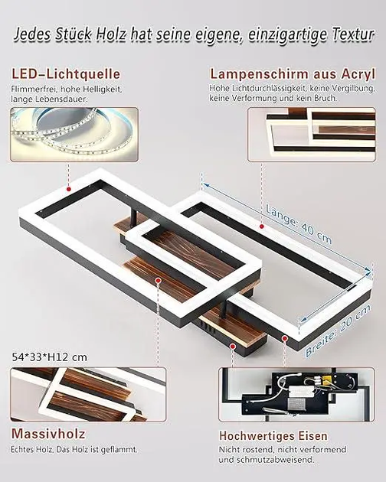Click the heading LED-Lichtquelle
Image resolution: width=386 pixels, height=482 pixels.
(66, 74)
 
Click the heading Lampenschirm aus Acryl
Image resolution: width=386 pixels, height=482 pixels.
(293, 74)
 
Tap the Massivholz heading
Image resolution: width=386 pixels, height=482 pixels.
(48, 434)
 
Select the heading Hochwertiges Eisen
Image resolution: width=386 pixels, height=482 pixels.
(273, 436)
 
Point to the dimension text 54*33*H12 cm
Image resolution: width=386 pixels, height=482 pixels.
(50, 357)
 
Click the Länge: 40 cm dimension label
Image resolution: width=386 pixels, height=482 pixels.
(299, 225)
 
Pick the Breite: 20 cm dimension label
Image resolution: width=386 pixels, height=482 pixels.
(338, 331)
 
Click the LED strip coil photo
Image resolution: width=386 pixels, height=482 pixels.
(74, 135)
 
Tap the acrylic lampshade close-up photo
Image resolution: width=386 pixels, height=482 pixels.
(312, 135)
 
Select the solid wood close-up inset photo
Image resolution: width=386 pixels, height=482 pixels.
(88, 394)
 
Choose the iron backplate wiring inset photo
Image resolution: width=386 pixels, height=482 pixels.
(297, 394)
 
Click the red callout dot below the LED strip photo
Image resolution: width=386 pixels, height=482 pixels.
(69, 189)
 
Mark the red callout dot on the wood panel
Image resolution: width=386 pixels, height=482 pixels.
(159, 280)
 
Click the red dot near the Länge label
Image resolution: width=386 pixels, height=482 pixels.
(262, 226)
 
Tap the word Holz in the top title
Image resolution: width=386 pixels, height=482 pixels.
(110, 34)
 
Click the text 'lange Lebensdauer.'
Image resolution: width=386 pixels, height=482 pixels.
(49, 99)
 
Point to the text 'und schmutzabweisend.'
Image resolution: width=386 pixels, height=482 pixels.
(267, 460)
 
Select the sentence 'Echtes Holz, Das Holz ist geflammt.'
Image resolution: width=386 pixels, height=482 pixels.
(74, 449)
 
